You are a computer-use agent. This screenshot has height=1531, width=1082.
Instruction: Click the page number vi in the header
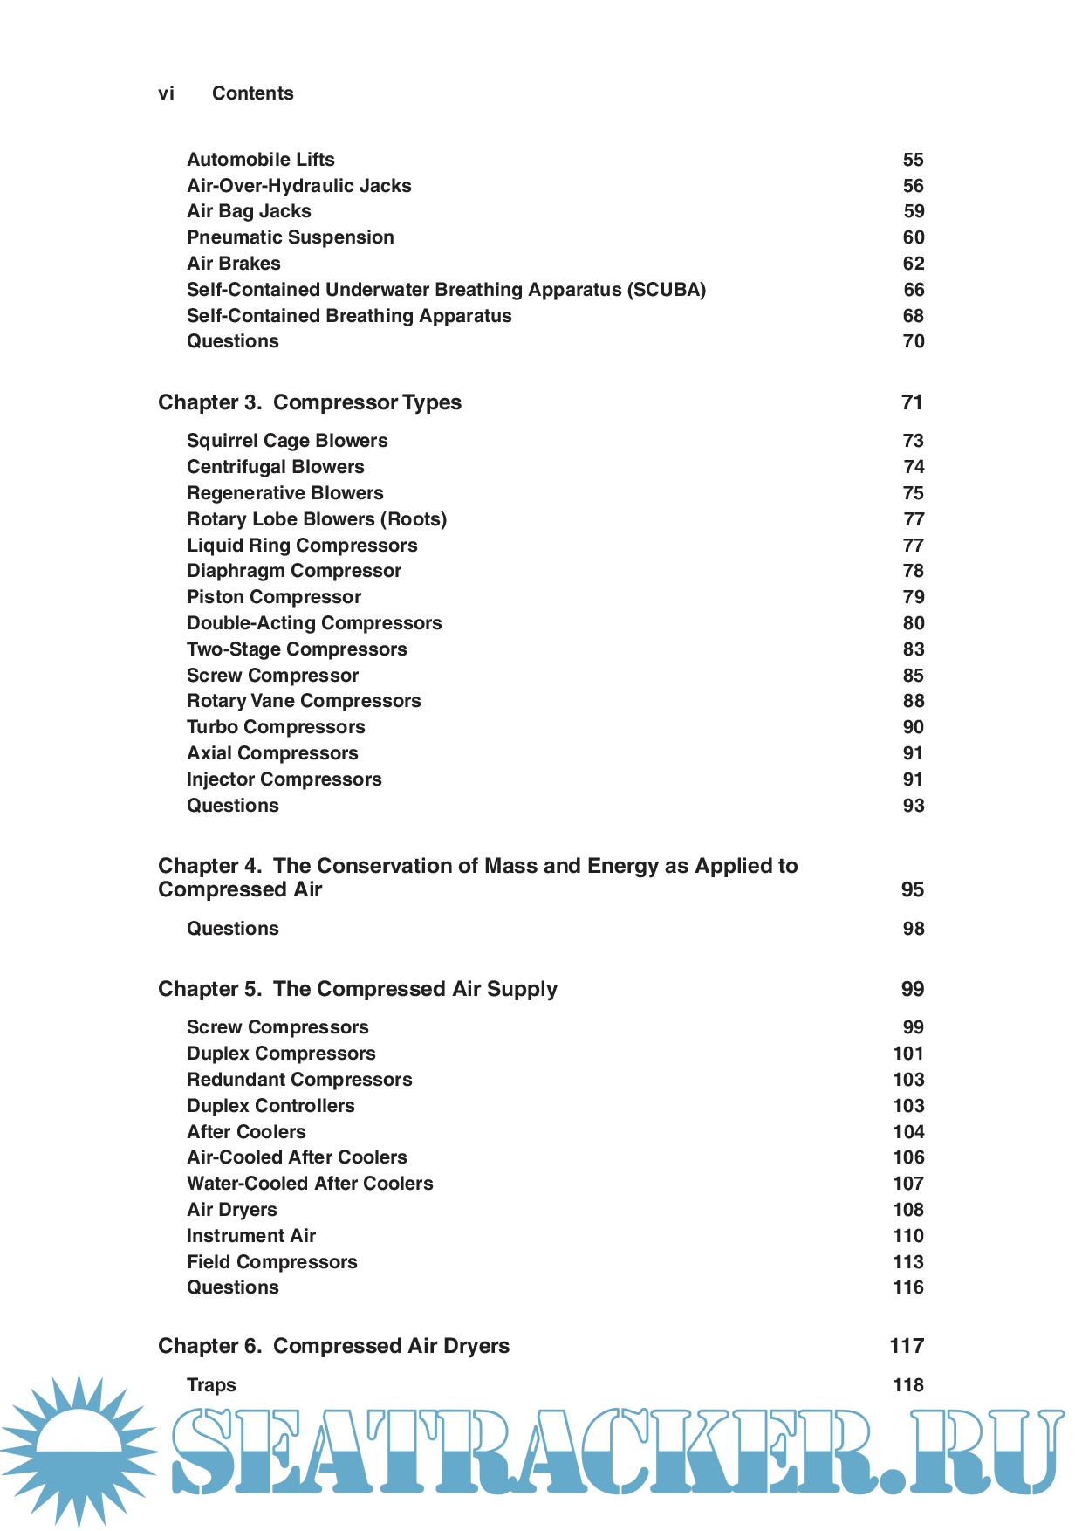166,93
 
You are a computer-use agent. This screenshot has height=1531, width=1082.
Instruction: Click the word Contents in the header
252,93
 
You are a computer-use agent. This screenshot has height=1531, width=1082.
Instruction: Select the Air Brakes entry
234,264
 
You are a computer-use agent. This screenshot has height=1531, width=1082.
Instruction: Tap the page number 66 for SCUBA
913,290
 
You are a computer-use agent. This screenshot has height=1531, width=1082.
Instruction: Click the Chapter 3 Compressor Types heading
310,402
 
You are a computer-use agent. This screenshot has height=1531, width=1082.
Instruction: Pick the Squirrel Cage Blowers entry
287,441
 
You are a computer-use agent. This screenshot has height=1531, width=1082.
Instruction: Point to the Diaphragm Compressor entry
294,571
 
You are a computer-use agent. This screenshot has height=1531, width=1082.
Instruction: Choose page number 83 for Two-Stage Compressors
913,649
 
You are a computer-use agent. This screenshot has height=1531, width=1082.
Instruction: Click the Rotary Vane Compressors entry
304,701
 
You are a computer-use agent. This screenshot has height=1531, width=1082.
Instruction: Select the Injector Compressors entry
284,779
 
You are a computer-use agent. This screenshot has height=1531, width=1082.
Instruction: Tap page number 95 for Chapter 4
912,889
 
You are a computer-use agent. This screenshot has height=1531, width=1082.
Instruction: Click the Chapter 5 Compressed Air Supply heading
358,989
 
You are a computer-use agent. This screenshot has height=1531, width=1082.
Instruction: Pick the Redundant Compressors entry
299,1080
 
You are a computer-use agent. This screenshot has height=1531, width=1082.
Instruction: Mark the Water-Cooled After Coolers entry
310,1184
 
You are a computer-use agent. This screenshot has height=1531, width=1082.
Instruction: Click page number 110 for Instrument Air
907,1236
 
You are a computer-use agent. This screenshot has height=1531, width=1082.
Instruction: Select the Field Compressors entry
272,1262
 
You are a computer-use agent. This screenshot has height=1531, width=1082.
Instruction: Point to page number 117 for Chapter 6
907,1346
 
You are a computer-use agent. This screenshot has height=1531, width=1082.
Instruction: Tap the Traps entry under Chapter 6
211,1385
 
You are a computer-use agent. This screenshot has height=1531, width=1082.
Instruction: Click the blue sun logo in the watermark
79,1449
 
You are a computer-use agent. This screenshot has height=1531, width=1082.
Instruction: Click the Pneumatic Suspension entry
291,237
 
